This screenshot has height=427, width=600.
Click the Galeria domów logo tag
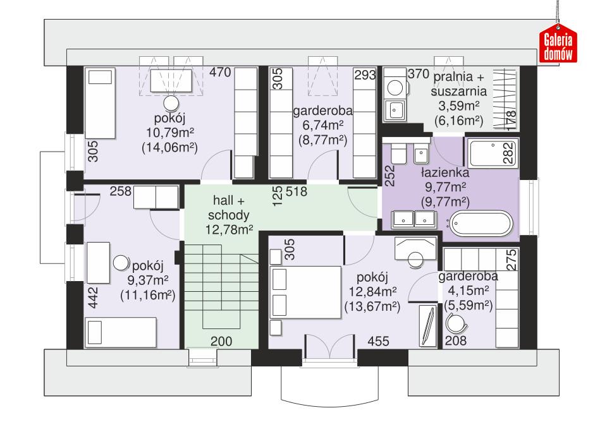pos(559,45)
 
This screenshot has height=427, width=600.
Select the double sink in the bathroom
pos(413,219)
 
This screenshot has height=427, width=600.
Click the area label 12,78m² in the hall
pos(229,229)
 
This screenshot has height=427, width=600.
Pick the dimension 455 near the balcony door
pos(378,341)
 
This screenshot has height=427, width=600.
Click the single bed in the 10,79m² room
pos(101,104)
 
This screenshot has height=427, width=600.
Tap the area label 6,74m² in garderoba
pos(322,126)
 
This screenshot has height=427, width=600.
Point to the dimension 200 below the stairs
pos(221,341)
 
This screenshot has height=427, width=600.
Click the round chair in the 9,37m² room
pos(121,263)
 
